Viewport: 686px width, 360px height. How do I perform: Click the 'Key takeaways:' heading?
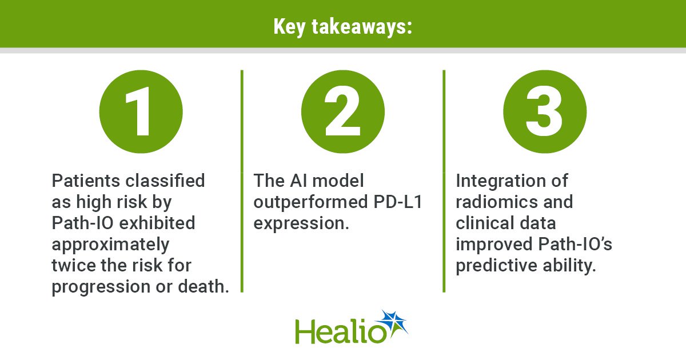(342, 27)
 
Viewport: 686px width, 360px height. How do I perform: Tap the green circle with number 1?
(141, 112)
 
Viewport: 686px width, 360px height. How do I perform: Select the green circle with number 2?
(342, 112)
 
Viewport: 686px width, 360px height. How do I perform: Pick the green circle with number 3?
(545, 112)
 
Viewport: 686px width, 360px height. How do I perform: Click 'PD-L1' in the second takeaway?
(398, 202)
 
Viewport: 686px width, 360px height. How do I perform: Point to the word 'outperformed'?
(311, 203)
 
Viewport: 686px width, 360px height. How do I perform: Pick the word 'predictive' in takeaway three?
(496, 266)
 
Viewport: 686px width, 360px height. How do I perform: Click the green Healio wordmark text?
(341, 331)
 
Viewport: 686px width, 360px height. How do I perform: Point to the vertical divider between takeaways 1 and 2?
(242, 181)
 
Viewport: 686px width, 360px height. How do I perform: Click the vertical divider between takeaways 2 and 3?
(444, 181)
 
